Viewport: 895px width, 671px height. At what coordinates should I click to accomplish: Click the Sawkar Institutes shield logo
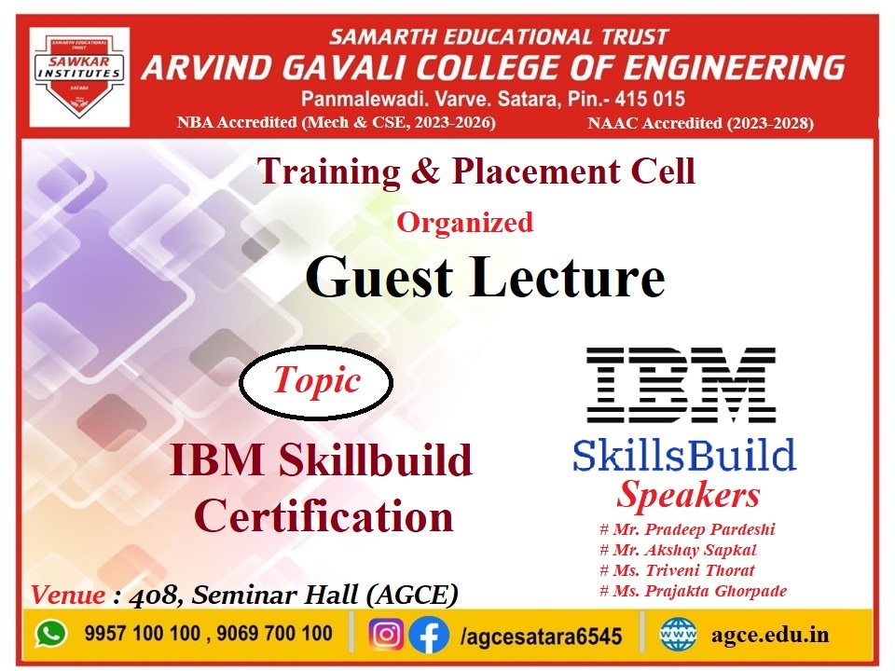coord(79,76)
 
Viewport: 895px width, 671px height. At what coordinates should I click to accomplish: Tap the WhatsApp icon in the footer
coord(51,634)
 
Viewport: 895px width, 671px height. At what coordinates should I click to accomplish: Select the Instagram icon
coord(386,634)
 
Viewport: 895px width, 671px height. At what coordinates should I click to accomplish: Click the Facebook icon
coord(429,634)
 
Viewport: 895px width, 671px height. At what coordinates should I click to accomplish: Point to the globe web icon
coord(679,634)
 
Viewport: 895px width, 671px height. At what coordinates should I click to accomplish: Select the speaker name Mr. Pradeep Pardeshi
coord(687,529)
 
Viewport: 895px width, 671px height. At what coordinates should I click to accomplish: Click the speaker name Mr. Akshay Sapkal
coord(678,550)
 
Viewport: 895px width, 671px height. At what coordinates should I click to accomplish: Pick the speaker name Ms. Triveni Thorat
coord(677,570)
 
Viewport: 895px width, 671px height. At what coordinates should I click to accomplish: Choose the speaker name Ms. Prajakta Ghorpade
coord(693,591)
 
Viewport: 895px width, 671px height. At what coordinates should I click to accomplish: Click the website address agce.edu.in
coord(770,635)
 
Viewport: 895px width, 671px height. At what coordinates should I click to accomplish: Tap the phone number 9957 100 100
coord(143,633)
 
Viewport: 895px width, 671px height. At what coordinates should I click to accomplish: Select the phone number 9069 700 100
coord(274,633)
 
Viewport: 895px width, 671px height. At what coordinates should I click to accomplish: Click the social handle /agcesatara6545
coord(541,636)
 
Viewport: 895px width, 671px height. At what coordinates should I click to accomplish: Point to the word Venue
coord(68,595)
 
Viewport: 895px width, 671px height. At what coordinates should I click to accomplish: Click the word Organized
coord(465,223)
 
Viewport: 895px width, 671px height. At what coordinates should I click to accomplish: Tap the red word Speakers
coord(688,494)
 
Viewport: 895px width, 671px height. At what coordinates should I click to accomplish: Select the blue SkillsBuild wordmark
coord(684,455)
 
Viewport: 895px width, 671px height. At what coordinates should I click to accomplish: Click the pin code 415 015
coord(650,100)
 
